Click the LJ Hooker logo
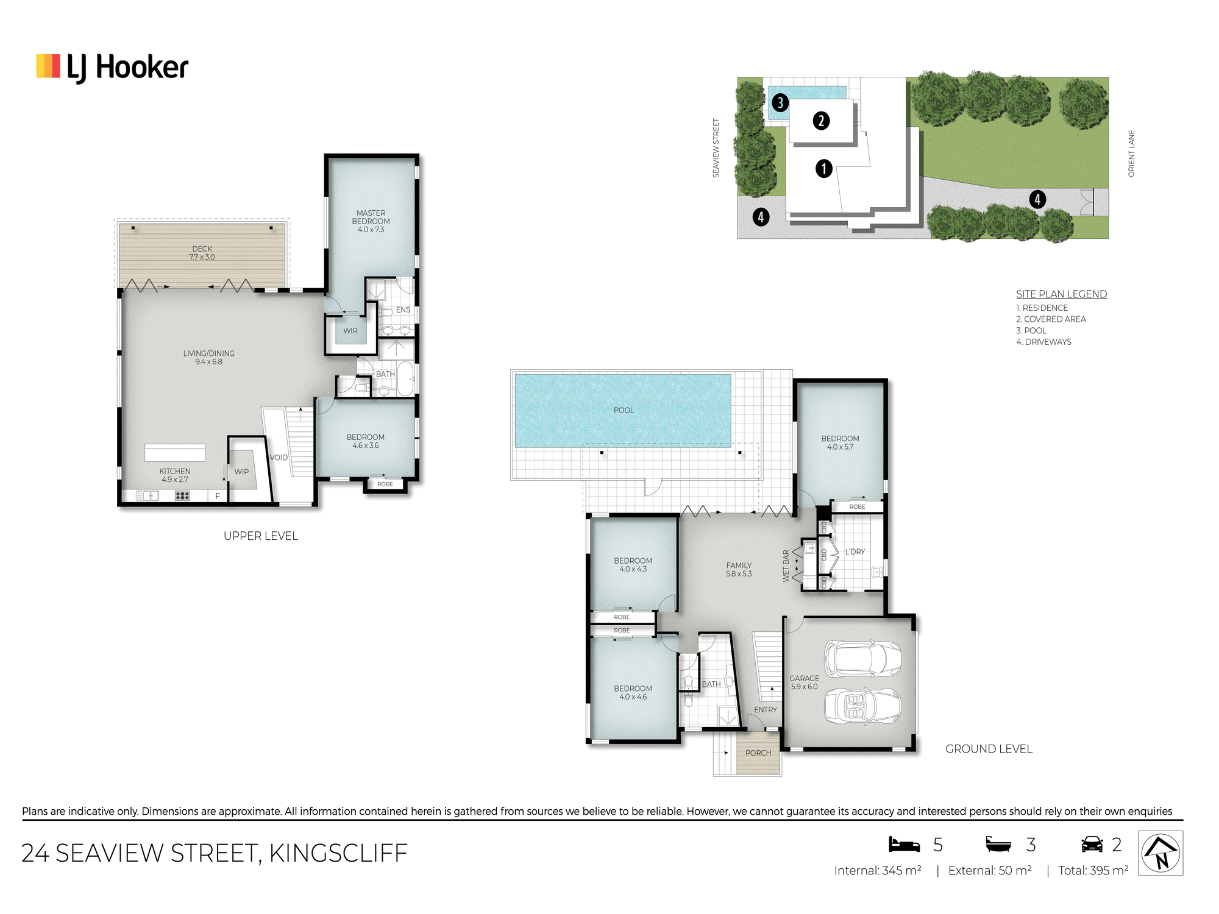click(x=112, y=67)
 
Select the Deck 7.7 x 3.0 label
click(x=202, y=253)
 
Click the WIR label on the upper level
click(x=350, y=331)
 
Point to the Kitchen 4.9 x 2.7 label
click(x=175, y=475)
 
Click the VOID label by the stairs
click(x=279, y=458)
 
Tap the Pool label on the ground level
click(x=624, y=410)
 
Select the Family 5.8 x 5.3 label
click(x=739, y=570)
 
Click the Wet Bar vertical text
click(x=786, y=566)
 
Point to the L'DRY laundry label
click(x=855, y=551)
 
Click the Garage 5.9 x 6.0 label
click(x=805, y=682)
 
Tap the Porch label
click(x=758, y=753)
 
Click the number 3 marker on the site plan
click(x=780, y=102)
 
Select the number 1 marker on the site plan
click(x=824, y=168)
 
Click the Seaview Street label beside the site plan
click(x=716, y=148)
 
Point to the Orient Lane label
click(x=1131, y=154)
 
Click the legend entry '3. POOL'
click(x=1031, y=330)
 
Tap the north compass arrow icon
click(x=1160, y=852)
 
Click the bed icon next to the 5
click(x=904, y=844)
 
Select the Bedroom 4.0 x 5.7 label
click(x=840, y=442)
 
